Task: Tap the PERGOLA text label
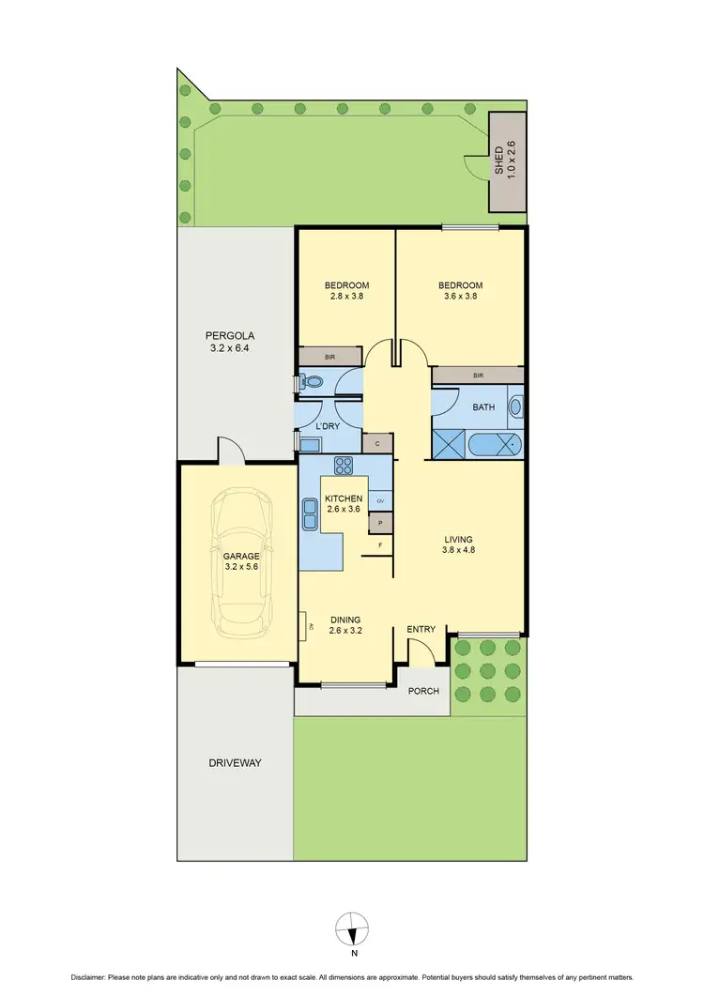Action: pos(230,336)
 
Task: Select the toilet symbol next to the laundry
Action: pos(311,382)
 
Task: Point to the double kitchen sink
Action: pos(310,513)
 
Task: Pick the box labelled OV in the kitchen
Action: pos(381,501)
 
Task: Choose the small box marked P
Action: pos(381,523)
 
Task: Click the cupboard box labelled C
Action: pos(376,443)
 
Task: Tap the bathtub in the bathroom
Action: pos(494,446)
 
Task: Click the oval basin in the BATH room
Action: pos(514,408)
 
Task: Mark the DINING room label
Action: pos(346,620)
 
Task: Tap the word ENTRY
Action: pos(420,630)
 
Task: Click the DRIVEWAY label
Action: pos(235,762)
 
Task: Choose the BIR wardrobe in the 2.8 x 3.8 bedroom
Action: pos(329,357)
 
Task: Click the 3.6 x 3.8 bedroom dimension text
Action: pos(460,298)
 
